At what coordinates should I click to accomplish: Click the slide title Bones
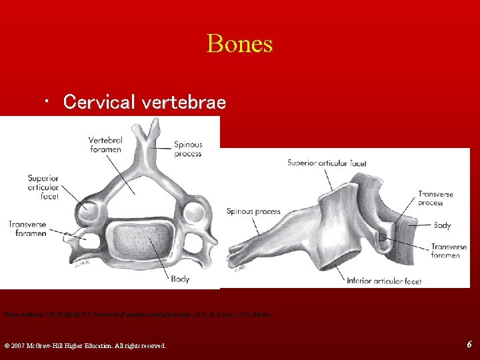[240, 44]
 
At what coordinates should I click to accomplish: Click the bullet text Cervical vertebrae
[144, 102]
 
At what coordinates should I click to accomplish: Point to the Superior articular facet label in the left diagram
[43, 187]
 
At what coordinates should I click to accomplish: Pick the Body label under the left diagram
[180, 279]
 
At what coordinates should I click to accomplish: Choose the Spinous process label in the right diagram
[253, 211]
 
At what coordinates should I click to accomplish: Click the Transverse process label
[435, 198]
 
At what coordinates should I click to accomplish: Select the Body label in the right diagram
[442, 225]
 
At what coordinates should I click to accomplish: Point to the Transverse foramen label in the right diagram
[449, 251]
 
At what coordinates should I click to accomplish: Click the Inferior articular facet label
[384, 281]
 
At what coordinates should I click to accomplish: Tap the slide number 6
[469, 344]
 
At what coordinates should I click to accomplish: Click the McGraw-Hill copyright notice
[85, 345]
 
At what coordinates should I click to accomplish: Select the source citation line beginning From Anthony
[139, 312]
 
